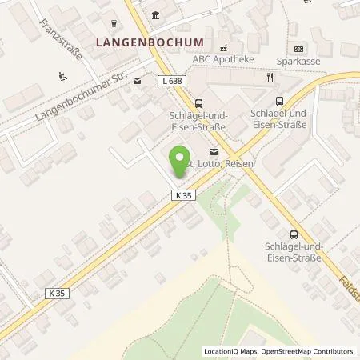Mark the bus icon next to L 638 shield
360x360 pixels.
(198, 102)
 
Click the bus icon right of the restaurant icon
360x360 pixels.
(279, 100)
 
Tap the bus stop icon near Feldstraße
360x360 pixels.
(294, 234)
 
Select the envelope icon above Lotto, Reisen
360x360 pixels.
(213, 151)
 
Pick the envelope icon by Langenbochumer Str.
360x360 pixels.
(137, 80)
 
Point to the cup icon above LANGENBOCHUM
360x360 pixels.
(114, 23)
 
